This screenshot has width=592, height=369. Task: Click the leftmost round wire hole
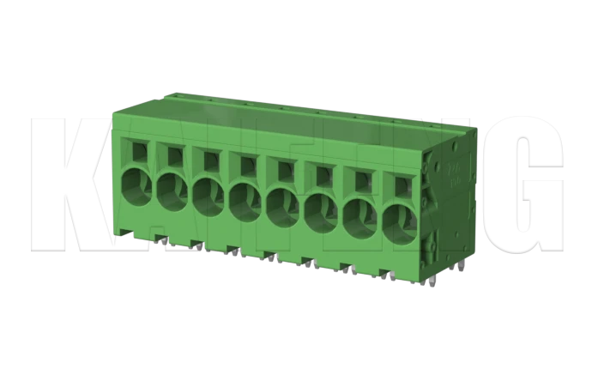click(135, 184)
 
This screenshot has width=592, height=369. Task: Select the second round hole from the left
click(171, 189)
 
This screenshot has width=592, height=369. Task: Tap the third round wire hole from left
click(208, 194)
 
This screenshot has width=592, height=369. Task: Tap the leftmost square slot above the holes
click(137, 149)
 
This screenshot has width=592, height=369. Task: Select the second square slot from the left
click(173, 154)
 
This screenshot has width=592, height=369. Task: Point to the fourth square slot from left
click(247, 164)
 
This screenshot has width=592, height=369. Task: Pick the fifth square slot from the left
click(285, 169)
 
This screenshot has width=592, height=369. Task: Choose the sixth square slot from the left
click(323, 174)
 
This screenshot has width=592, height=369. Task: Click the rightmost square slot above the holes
click(401, 184)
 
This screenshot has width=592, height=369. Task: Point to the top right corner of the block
click(474, 129)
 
